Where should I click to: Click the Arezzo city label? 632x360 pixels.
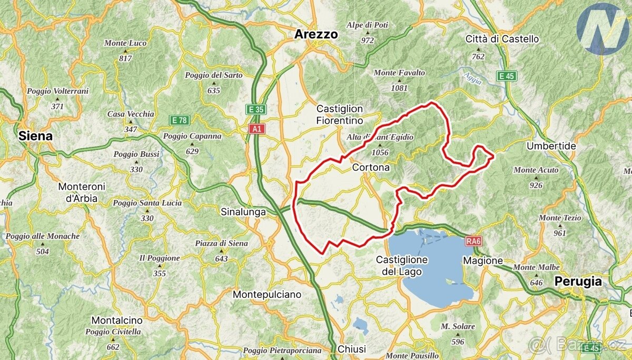[316, 35]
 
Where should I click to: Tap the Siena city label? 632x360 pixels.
[35, 136]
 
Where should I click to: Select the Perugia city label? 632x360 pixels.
[578, 282]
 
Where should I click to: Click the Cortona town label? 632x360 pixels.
[371, 167]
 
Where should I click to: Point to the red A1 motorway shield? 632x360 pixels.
[256, 128]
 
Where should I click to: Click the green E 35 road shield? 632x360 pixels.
[256, 109]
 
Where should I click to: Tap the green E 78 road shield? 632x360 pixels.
[179, 121]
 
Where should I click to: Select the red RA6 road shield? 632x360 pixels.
[473, 242]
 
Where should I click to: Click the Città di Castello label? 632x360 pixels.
[502, 39]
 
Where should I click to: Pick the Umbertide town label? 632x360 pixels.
[551, 146]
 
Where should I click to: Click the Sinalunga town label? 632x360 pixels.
[243, 212]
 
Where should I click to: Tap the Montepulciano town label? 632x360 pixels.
[267, 294]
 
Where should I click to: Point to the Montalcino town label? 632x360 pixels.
[117, 321]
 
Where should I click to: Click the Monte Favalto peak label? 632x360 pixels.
[399, 73]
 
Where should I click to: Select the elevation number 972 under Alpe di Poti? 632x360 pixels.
[368, 41]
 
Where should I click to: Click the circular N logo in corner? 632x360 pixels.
[603, 29]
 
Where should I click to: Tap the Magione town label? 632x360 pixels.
[483, 261]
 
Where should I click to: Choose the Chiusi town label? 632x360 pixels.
[351, 349]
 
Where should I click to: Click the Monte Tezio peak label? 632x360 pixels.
[560, 218]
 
